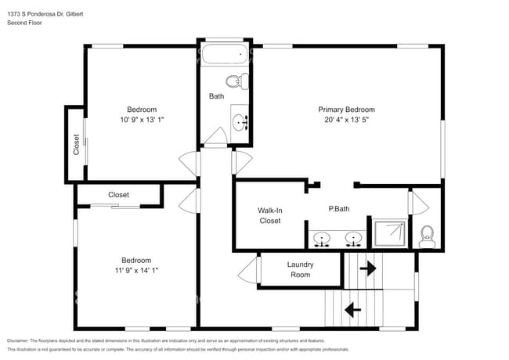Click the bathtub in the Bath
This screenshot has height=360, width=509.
point(225,56)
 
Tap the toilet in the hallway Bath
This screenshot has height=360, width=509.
point(234,80)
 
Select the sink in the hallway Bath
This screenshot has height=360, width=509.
point(241,122)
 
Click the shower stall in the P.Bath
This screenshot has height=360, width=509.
point(390,232)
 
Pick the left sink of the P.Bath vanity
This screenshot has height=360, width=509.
point(322,237)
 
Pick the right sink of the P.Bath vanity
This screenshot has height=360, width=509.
point(354,237)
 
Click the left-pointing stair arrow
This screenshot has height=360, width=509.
point(353,309)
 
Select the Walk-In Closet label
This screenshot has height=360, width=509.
point(269,215)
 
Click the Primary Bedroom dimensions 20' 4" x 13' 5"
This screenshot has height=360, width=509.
point(346,121)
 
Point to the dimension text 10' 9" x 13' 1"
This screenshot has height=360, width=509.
point(142,120)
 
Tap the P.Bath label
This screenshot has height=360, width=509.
point(339,210)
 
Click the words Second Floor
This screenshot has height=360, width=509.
point(26,23)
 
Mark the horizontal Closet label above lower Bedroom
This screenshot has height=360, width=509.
point(119,195)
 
